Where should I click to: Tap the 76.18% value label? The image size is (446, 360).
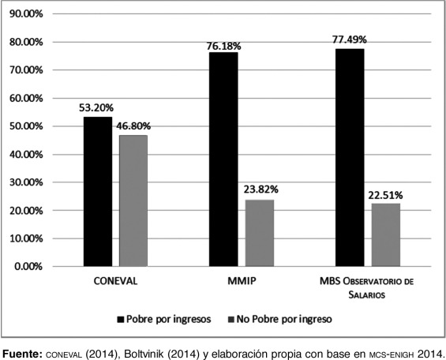tap(224, 46)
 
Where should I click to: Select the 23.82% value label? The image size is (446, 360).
tap(260, 190)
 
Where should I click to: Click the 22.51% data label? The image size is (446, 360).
tap(386, 194)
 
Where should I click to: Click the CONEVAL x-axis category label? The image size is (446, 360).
tap(116, 279)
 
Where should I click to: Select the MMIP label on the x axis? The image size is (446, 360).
tap(242, 279)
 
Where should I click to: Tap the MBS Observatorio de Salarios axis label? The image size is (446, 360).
tap(368, 286)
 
